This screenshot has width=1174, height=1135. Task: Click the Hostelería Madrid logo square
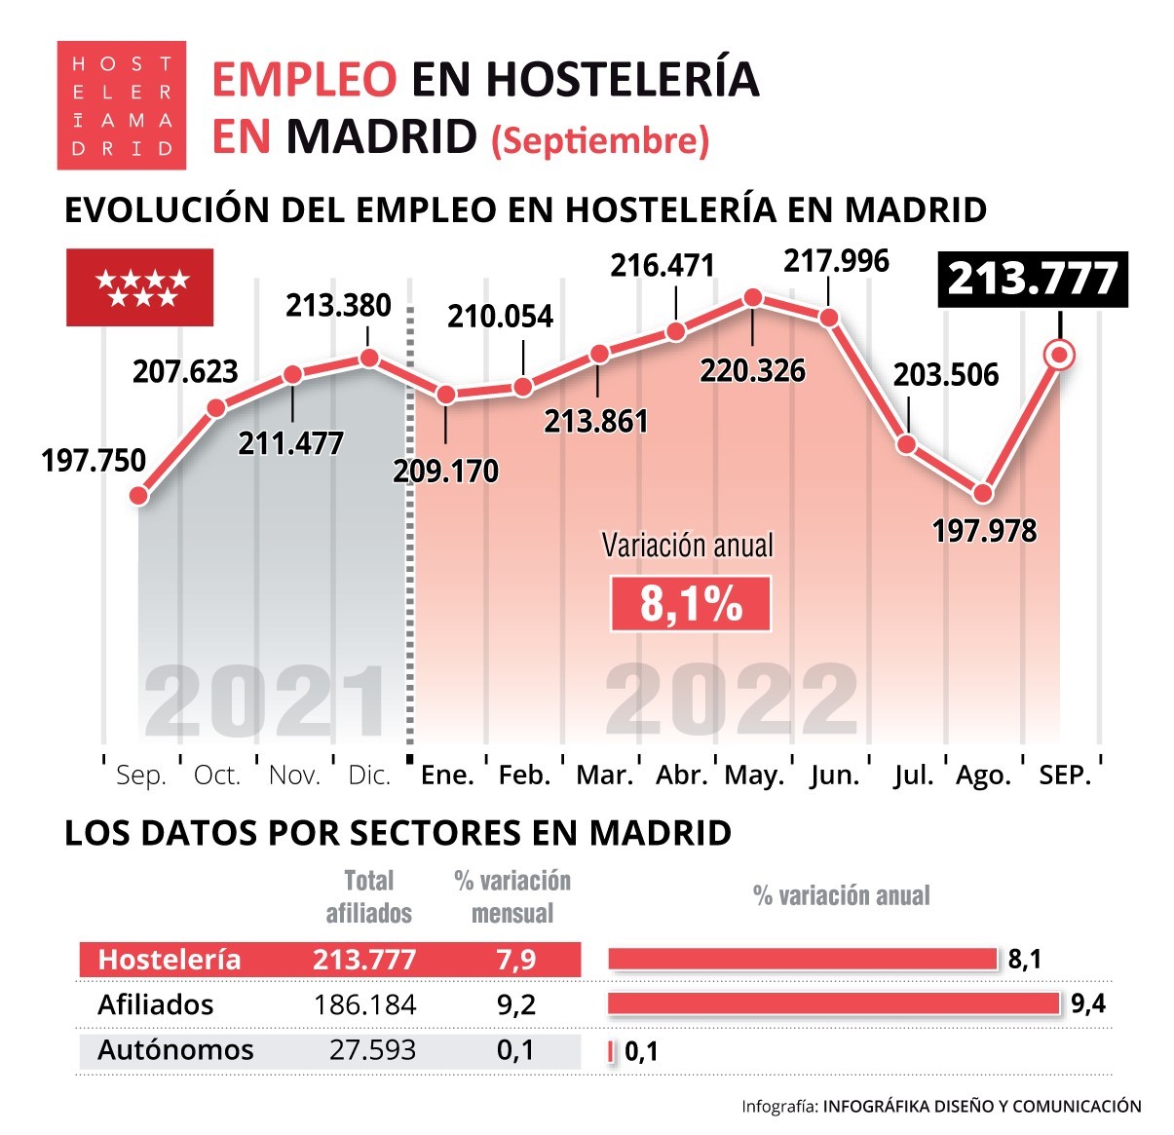121,105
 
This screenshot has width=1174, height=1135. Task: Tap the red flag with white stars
139,287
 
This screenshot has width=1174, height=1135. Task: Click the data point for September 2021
138,495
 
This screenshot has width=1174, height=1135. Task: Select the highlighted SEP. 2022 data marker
1059,356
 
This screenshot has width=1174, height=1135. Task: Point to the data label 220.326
752,371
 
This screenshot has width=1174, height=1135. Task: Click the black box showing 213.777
1032,280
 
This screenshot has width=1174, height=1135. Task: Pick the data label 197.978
984,531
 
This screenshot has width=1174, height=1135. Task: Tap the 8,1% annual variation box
691,604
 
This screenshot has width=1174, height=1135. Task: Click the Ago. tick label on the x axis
983,776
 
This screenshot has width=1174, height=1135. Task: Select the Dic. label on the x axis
369,776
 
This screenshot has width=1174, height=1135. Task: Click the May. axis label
754,776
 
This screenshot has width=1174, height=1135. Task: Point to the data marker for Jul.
906,444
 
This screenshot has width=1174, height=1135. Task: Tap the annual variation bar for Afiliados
833,1003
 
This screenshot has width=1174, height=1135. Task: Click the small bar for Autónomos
612,1051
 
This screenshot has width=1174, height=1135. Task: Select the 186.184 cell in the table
365,1004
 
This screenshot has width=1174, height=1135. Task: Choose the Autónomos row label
175,1050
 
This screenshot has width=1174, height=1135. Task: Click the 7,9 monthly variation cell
515,960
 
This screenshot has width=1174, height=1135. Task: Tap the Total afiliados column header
368,896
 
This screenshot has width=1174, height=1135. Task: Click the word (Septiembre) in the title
600,140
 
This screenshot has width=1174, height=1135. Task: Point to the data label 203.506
946,375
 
